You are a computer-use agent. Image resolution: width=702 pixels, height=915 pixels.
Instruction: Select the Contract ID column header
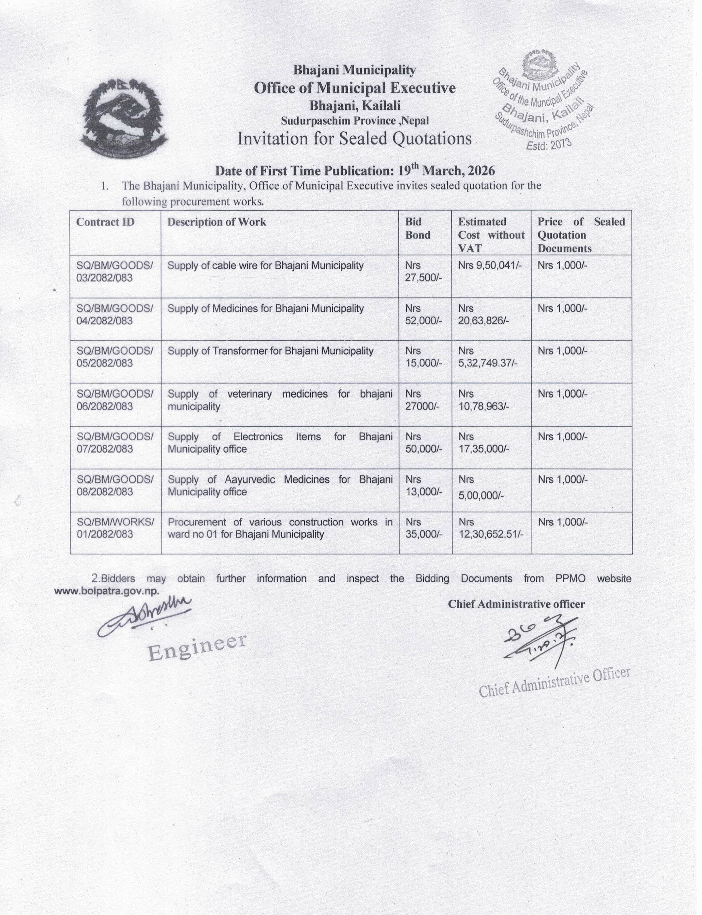(x=105, y=222)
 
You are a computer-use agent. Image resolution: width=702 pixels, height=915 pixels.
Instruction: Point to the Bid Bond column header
(x=417, y=228)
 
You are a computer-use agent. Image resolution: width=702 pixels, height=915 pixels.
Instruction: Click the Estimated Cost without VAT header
(x=491, y=235)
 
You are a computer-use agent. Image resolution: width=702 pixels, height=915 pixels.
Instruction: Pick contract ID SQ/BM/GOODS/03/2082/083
(x=114, y=271)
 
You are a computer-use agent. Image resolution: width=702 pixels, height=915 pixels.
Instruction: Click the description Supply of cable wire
(x=265, y=266)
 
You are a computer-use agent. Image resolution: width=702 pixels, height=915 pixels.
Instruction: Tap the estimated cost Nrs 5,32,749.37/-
(x=487, y=357)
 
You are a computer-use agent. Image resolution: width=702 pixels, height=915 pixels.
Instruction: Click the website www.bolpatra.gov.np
(x=107, y=592)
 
